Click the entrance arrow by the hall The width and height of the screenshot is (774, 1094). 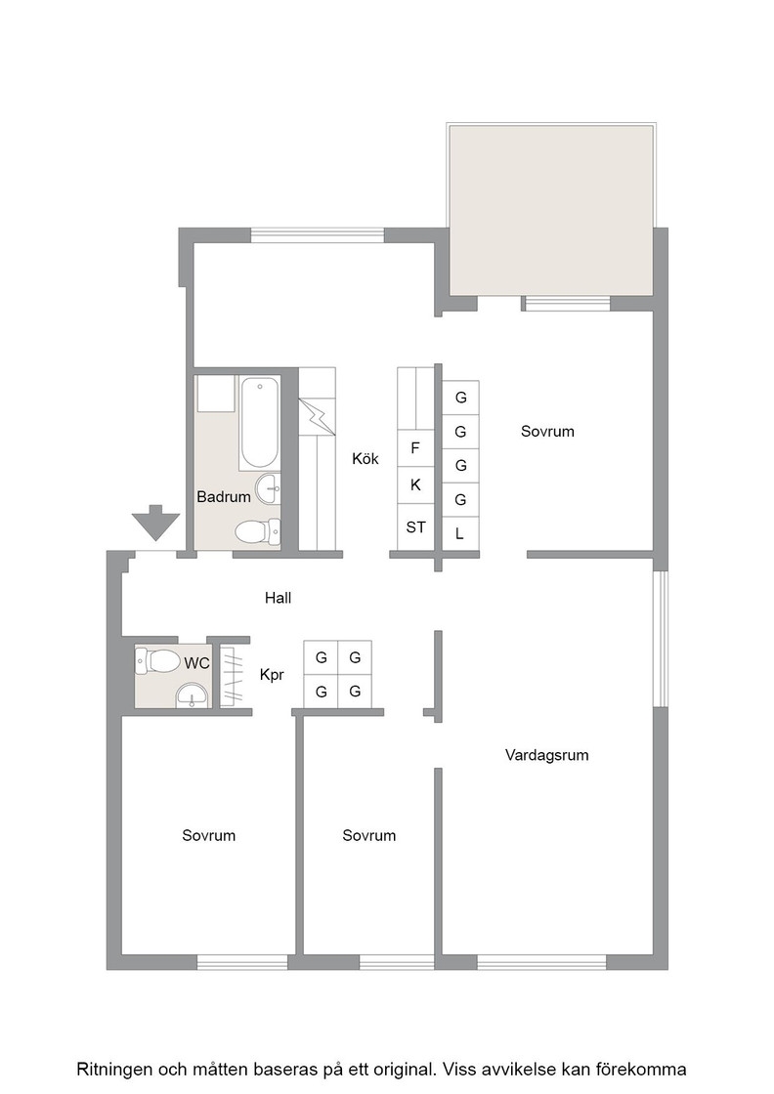coord(155,523)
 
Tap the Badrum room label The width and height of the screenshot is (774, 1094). coord(224,497)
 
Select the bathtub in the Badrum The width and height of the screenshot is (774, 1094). coord(260,423)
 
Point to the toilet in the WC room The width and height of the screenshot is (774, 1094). coord(157,660)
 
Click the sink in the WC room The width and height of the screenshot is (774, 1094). coord(192,694)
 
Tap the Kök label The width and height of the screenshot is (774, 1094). coord(365,458)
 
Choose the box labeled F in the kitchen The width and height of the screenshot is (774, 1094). coord(415,448)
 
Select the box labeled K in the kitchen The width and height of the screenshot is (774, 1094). coord(415,484)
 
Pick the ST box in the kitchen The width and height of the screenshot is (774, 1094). coord(415,527)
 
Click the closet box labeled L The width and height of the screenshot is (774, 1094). coord(460,533)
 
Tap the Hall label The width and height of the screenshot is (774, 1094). coord(278,597)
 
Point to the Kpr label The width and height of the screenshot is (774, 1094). coord(272,675)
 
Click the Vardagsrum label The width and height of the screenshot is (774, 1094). coord(546,755)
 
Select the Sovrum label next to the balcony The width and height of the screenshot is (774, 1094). coord(547,431)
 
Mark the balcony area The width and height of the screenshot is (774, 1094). coord(551,210)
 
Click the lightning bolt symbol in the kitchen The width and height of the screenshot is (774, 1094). coord(317,416)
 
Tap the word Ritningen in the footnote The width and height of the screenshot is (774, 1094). coord(114,1070)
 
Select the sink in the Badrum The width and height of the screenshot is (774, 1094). coord(268,489)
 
